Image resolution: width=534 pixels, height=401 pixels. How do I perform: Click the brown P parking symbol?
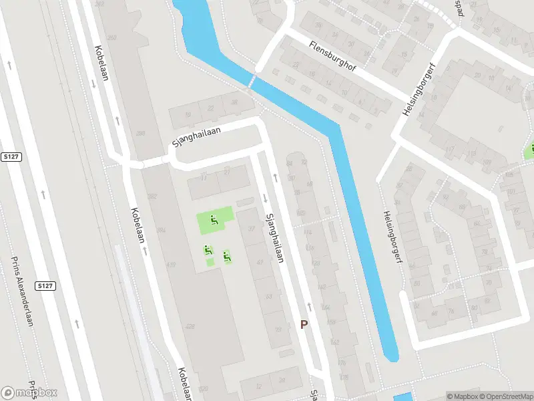(x=304, y=324)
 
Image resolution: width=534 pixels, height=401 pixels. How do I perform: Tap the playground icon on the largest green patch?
(x=214, y=220)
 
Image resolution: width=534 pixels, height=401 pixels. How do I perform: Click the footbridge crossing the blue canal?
(x=252, y=80)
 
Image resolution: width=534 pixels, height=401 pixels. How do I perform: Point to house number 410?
(x=172, y=265)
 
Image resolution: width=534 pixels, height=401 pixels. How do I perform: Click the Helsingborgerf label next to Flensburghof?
(x=415, y=93)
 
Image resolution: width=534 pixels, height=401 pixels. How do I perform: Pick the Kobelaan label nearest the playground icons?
(x=140, y=230)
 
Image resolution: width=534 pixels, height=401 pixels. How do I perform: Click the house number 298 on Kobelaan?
(x=141, y=134)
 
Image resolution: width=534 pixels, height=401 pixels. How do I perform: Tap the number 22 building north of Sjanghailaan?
(x=211, y=109)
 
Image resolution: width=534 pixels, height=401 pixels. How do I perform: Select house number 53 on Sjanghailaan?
(x=268, y=295)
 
